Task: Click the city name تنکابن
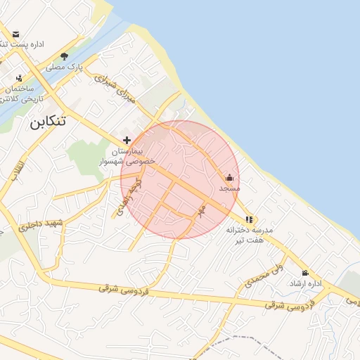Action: coord(48,121)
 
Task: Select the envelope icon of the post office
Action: coord(15,34)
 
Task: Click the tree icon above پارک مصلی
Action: coord(64,56)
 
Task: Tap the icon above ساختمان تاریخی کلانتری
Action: coord(19,78)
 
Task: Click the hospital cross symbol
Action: coord(127,140)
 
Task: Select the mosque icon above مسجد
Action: coord(229,178)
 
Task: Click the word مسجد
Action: coord(229,188)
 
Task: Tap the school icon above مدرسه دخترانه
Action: coord(250,219)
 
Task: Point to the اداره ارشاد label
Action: coord(305,283)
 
